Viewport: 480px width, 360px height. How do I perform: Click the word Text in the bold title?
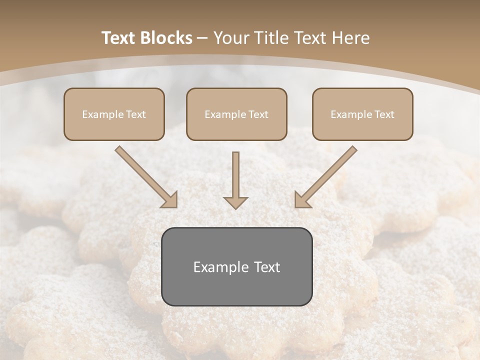(120, 38)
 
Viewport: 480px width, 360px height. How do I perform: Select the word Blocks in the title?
(167, 38)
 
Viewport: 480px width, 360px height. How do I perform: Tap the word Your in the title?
(233, 38)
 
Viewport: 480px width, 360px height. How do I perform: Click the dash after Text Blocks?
(203, 38)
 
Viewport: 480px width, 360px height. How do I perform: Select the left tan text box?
(114, 114)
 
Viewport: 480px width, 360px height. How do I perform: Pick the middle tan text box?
(236, 114)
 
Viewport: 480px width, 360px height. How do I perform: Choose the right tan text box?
(362, 114)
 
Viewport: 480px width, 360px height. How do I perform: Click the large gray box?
(236, 266)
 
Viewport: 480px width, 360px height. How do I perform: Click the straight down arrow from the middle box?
(235, 177)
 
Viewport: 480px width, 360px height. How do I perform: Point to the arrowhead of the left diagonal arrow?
(170, 200)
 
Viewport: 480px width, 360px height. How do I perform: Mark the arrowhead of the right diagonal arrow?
(302, 200)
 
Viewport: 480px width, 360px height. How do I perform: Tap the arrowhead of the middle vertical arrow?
(235, 202)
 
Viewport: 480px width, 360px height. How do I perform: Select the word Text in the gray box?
(267, 267)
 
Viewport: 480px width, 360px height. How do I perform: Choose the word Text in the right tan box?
(384, 114)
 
